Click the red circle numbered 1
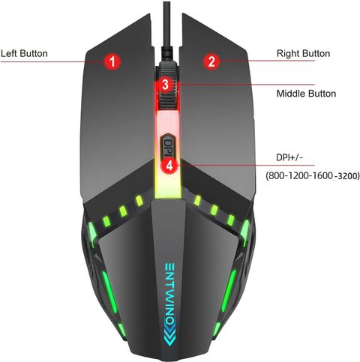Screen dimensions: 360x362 (x=112, y=61)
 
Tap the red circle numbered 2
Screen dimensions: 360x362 (x=211, y=61)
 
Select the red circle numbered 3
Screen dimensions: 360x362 (x=166, y=85)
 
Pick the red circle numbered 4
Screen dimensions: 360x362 (x=169, y=165)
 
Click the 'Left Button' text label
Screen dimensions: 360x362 (x=24, y=53)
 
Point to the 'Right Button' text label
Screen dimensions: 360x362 (x=303, y=53)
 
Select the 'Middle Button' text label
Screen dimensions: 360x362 (x=306, y=94)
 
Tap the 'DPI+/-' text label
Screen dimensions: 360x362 (x=289, y=157)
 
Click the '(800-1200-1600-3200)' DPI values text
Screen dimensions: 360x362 (x=313, y=175)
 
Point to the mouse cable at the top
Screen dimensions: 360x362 (x=167, y=30)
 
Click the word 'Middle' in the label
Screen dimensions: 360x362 (x=291, y=94)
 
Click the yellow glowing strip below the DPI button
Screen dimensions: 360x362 (x=168, y=185)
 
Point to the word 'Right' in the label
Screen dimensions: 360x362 (x=288, y=53)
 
